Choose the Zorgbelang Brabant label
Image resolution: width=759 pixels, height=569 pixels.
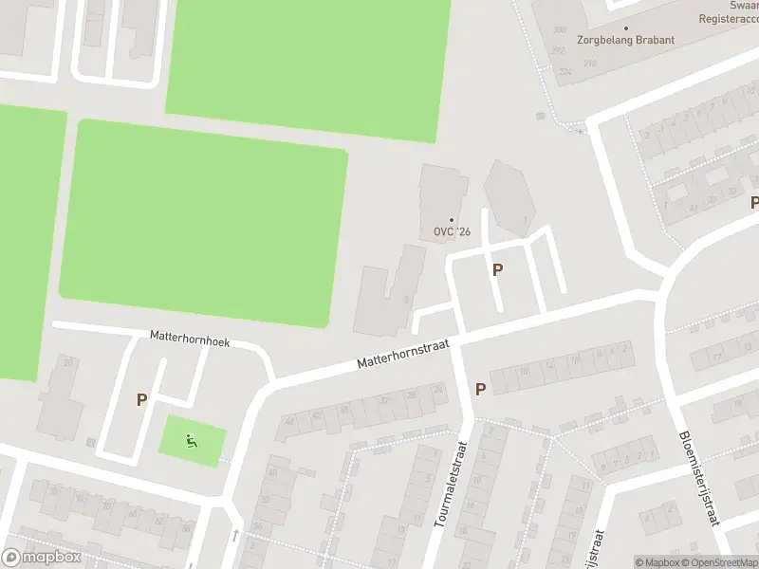[626, 40]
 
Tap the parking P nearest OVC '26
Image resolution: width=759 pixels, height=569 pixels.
[497, 269]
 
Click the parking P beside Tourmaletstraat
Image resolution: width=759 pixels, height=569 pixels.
[480, 389]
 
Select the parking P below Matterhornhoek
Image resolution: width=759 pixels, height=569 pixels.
[141, 399]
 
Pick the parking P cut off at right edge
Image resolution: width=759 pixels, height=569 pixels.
[754, 202]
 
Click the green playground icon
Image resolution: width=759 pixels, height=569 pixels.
[192, 439]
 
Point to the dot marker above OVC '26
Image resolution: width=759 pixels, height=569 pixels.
[452, 220]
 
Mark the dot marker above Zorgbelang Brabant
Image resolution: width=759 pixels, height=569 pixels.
[626, 28]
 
